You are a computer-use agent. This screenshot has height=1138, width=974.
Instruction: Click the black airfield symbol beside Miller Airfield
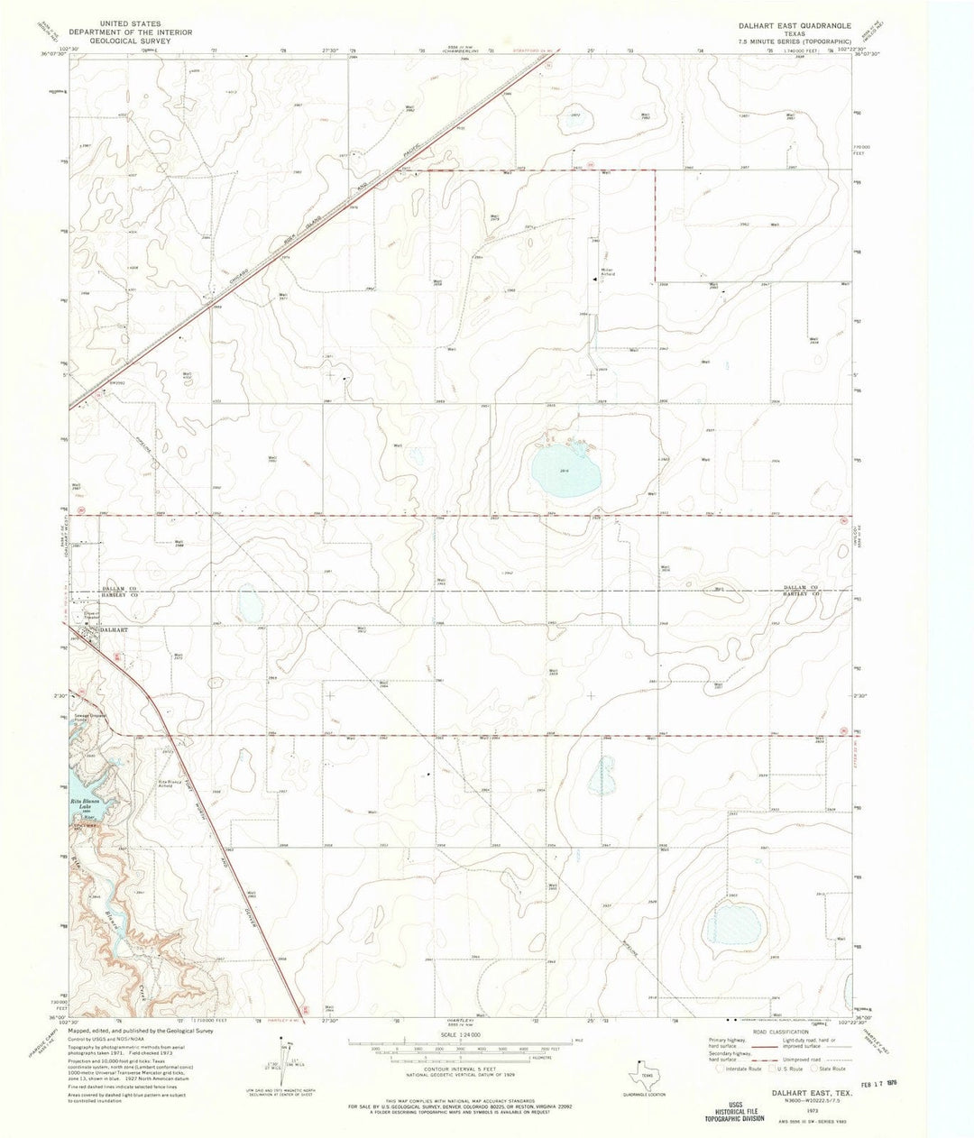(x=593, y=280)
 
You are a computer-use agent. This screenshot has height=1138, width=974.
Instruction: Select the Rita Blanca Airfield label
(x=173, y=782)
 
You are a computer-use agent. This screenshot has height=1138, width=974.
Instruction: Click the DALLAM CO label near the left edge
(x=117, y=586)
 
